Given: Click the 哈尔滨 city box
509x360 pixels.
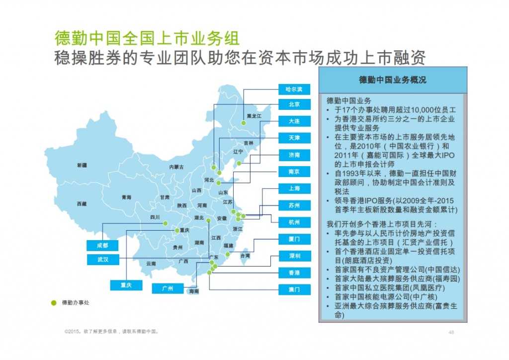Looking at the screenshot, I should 294,90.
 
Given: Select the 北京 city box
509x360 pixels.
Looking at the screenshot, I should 294,104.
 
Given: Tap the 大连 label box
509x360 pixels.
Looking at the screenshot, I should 294,121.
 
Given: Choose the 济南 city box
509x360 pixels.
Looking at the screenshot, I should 294,155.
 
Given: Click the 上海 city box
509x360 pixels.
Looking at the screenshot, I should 294,188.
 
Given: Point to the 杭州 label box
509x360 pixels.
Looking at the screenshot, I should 294,222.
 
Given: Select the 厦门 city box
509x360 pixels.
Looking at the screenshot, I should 294,239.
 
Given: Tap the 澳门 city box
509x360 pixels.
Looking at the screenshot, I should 294,289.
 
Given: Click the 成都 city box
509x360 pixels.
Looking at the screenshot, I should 101,245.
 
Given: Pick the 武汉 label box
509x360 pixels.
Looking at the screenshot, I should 101,260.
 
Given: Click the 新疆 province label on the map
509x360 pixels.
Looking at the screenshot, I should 82,165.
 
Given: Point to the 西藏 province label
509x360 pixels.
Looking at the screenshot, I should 82,204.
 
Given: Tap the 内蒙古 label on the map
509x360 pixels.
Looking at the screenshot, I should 176,167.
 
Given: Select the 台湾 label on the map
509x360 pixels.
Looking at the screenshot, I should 245,256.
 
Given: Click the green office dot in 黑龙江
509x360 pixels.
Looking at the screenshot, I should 244,123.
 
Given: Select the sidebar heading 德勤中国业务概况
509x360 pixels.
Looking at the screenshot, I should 393,80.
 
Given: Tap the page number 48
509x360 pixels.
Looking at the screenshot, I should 451,332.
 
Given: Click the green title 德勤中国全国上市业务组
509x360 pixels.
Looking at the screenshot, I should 147,38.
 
